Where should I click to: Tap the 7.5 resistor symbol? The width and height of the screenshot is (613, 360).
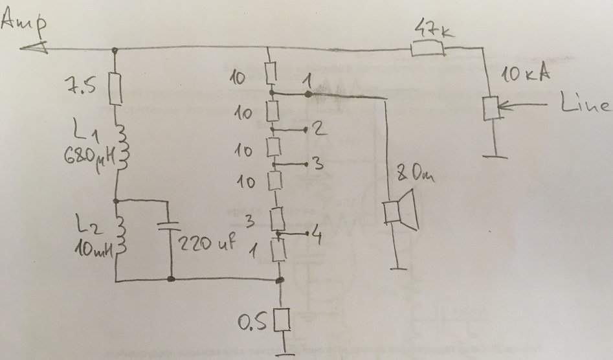pyautogui.click(x=116, y=89)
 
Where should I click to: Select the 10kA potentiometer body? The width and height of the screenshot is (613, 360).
pyautogui.click(x=491, y=107)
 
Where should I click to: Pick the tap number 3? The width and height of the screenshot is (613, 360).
pyautogui.click(x=317, y=164)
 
